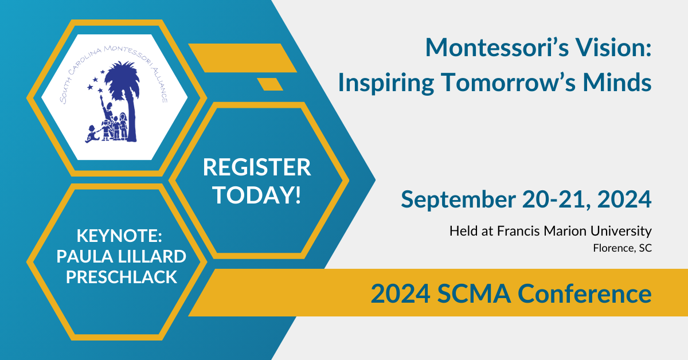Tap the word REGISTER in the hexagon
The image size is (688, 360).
[x=257, y=168]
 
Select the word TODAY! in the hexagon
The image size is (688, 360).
[x=257, y=195]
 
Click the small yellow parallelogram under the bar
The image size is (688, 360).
[x=269, y=84]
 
